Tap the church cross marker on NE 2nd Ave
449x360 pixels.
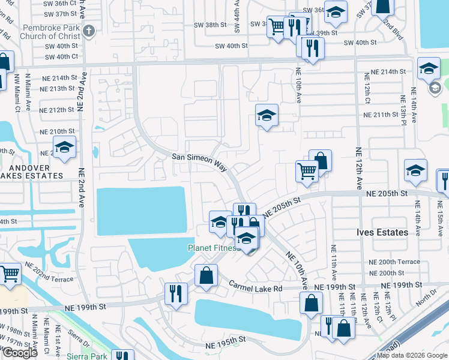[x=89, y=31]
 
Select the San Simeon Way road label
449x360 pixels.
[x=199, y=157]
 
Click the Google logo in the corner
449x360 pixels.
[x=19, y=353]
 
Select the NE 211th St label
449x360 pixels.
[x=385, y=115]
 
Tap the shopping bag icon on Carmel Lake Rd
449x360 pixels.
[x=206, y=275]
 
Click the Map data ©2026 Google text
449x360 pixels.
[x=411, y=356]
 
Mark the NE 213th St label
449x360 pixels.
[x=58, y=89]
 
